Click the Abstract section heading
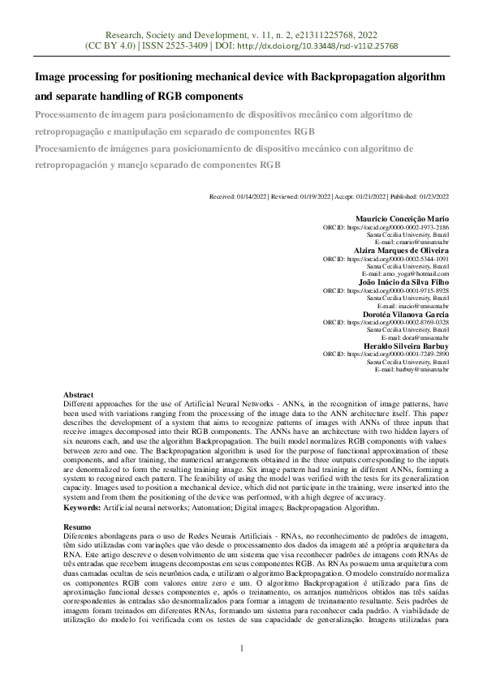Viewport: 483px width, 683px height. (x=79, y=393)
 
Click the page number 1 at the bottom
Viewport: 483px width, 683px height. (x=241, y=647)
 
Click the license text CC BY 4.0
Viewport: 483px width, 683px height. (x=104, y=46)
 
